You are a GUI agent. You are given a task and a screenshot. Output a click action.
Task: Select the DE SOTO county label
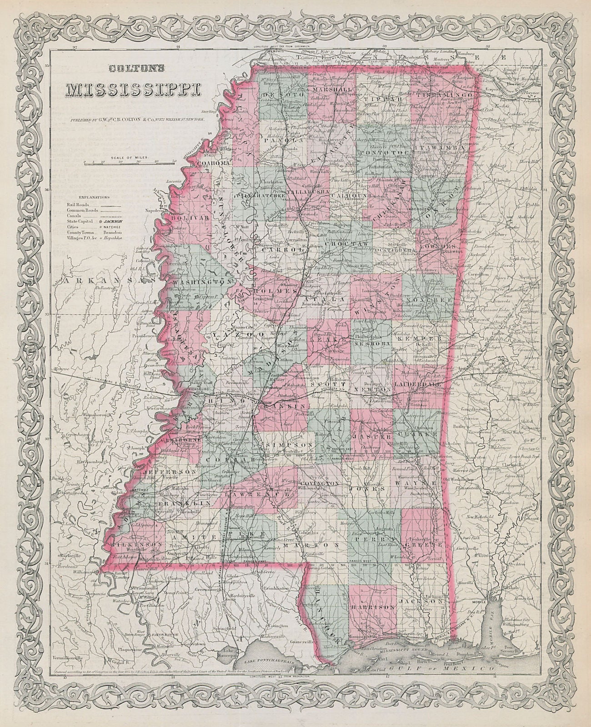tap(279, 93)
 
